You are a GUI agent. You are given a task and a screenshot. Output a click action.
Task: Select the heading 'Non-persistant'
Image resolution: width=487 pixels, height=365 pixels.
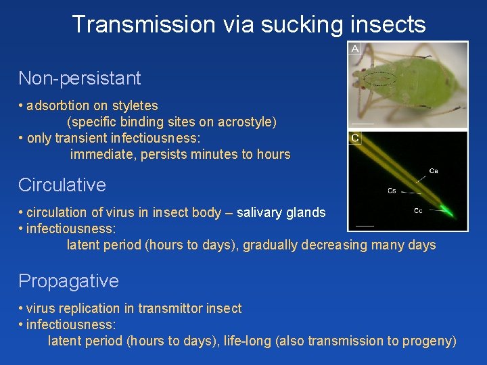tap(79, 78)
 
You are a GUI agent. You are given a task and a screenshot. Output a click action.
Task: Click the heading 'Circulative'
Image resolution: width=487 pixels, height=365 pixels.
tap(62, 185)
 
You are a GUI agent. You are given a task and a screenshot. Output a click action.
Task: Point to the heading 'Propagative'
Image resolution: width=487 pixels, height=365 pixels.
tap(68, 281)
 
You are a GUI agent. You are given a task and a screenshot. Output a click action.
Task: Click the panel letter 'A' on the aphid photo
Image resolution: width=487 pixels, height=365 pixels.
tap(354, 49)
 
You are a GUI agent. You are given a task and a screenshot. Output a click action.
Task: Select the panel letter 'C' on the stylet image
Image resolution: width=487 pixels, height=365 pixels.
tap(354, 138)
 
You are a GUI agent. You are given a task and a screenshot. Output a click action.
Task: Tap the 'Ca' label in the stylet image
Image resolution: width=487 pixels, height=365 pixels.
tap(433, 171)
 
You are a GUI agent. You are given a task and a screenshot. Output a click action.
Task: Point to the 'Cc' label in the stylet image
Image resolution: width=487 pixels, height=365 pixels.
tap(418, 211)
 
